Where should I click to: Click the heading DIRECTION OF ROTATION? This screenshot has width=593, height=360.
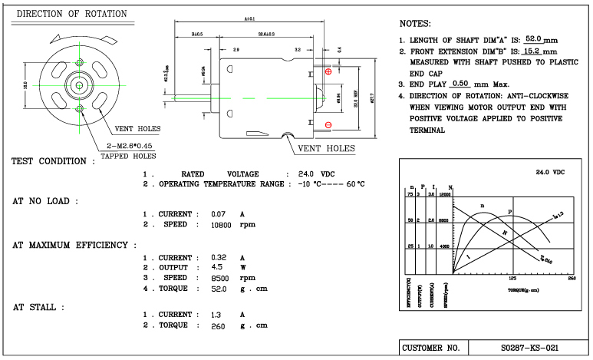pyautogui.click(x=72, y=14)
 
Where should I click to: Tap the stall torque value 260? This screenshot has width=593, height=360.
pyautogui.click(x=220, y=325)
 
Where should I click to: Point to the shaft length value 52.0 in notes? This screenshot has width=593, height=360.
pyautogui.click(x=534, y=38)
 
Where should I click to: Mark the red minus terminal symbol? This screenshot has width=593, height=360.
pyautogui.click(x=328, y=124)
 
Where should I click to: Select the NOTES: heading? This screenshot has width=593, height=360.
pyautogui.click(x=416, y=24)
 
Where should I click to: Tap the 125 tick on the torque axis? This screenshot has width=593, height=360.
pyautogui.click(x=512, y=279)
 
